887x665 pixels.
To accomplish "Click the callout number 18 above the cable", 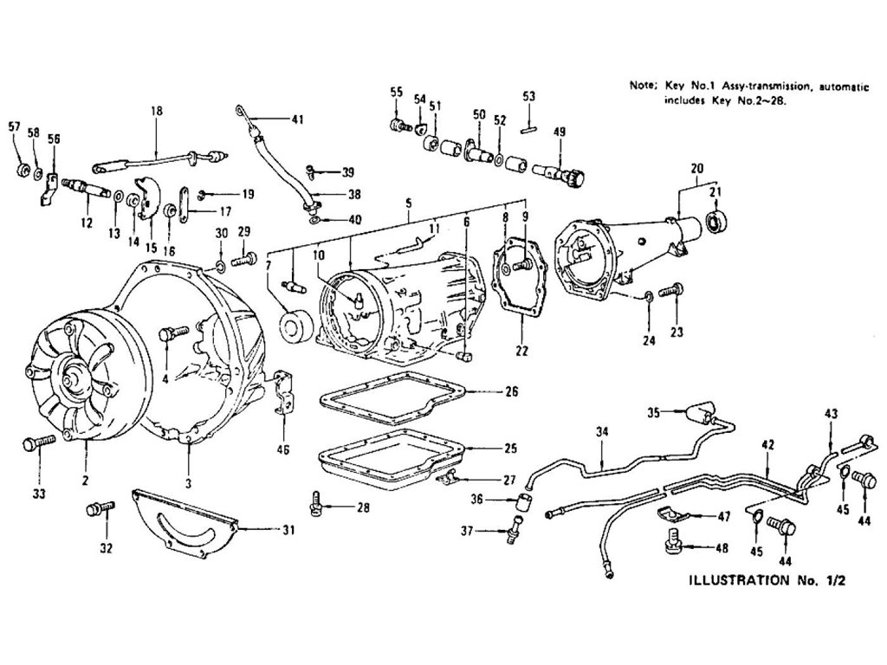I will click(x=156, y=112).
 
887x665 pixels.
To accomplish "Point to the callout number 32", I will click(x=107, y=548).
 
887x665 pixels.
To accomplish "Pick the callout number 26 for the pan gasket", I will click(x=511, y=392).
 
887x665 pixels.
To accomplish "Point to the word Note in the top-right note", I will click(x=642, y=86).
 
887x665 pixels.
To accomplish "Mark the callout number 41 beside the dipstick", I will click(x=297, y=119).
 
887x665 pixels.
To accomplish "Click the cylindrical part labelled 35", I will click(x=696, y=414).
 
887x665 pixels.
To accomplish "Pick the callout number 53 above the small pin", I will click(x=528, y=96).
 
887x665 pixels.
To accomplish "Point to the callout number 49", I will click(x=560, y=132).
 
